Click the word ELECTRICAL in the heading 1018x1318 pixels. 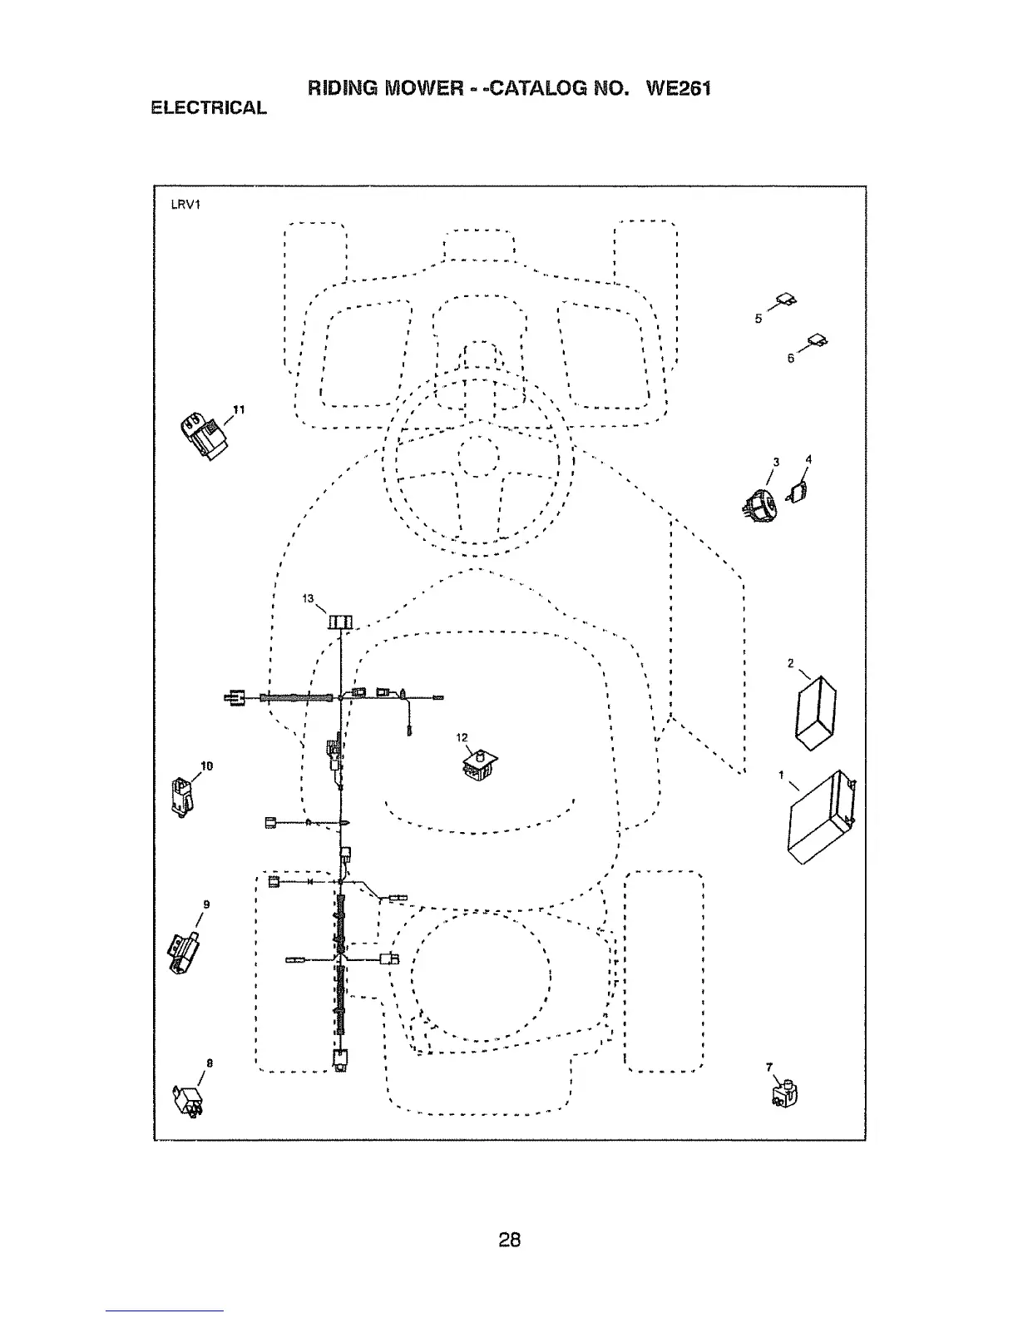tap(209, 108)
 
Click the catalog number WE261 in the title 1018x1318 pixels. tap(678, 88)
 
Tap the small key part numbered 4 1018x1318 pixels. tap(799, 492)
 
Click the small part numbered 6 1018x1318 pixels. tap(818, 339)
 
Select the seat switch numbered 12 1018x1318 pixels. tap(479, 765)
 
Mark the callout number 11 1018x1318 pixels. tap(239, 409)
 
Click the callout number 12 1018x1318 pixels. tap(462, 737)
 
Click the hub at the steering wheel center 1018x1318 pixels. tap(478, 458)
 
